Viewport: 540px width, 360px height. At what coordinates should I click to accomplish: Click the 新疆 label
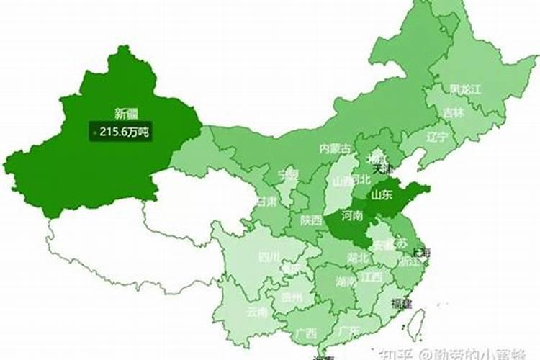click(127, 113)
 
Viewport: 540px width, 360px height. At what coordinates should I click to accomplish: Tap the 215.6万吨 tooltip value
click(125, 132)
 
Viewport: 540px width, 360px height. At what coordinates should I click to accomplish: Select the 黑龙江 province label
click(465, 89)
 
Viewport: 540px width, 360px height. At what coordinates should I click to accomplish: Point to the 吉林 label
click(454, 113)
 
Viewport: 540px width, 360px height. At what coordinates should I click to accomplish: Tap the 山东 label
click(382, 194)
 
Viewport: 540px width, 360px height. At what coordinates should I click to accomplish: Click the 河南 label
click(352, 215)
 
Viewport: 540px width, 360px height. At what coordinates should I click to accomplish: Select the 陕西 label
click(312, 220)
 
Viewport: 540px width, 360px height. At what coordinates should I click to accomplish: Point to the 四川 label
click(269, 257)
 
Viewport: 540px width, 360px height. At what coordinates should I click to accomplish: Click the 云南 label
click(256, 312)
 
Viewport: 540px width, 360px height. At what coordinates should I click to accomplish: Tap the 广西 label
click(305, 333)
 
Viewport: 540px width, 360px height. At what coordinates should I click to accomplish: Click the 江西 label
click(372, 276)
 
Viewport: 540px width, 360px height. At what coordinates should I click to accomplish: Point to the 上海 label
click(420, 253)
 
